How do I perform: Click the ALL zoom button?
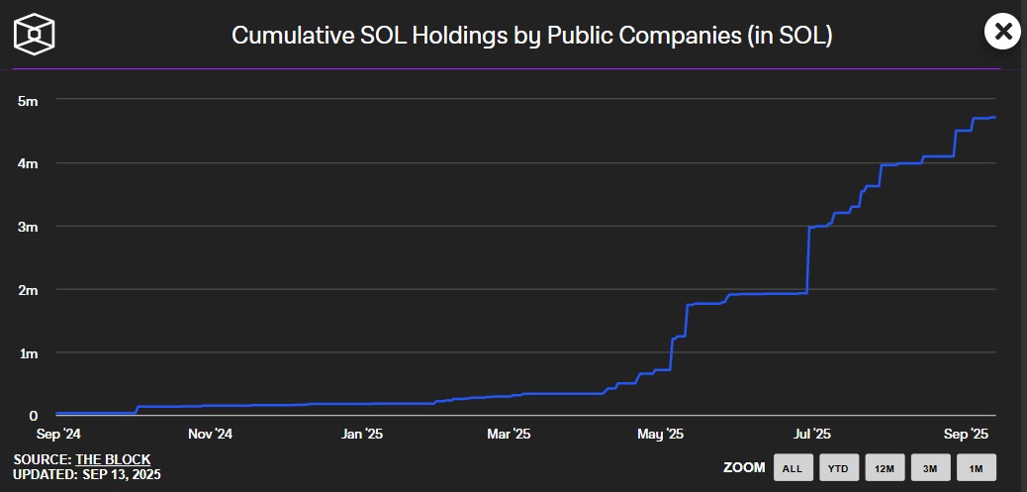point(793,467)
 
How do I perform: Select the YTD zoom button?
point(838,467)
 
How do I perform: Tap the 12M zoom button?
point(885,467)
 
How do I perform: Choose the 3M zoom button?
point(930,467)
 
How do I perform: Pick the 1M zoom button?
point(976,467)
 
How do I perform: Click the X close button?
point(1003,32)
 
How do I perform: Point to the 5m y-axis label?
point(28,100)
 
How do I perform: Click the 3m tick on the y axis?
point(28,227)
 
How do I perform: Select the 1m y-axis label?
point(28,353)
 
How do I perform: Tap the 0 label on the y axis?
point(33,417)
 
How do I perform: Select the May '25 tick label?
point(660,434)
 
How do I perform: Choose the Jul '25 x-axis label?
point(812,434)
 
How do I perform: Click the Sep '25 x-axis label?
point(966,434)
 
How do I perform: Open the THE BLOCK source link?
point(113,460)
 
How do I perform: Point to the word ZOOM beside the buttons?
point(743,467)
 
